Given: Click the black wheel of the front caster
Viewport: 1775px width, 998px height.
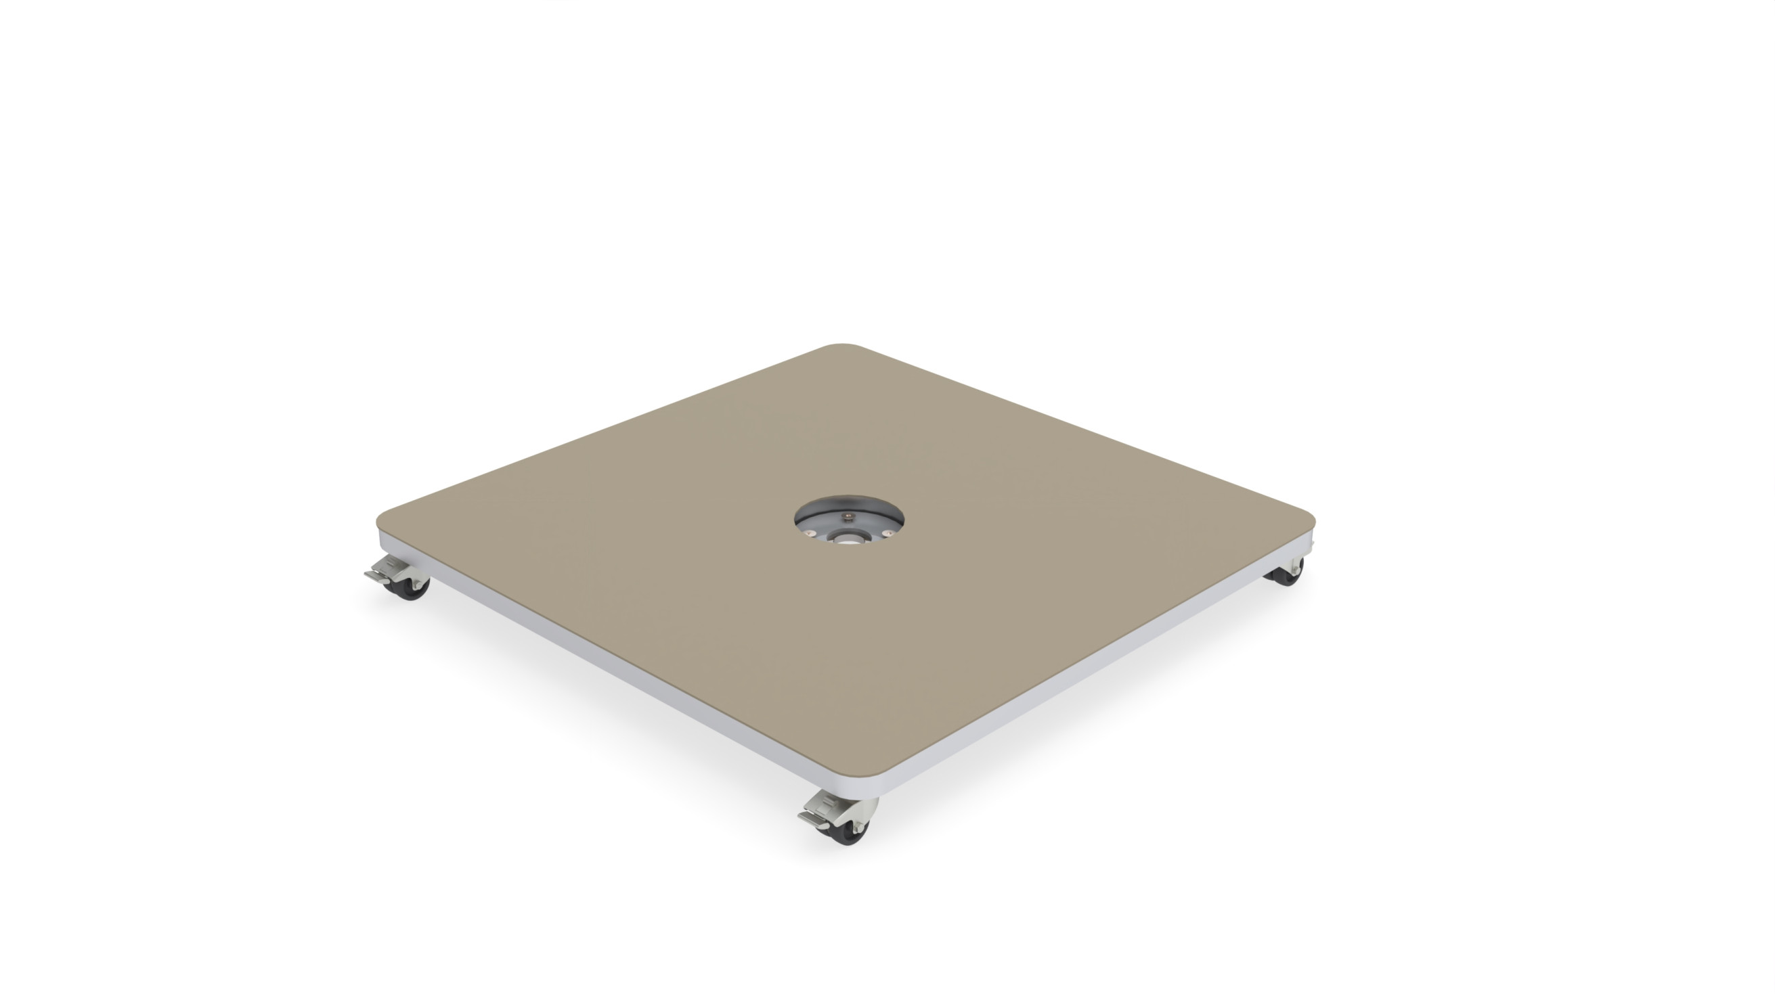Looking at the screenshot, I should point(850,834).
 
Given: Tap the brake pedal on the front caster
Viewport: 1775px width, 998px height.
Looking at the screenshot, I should point(814,817).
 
